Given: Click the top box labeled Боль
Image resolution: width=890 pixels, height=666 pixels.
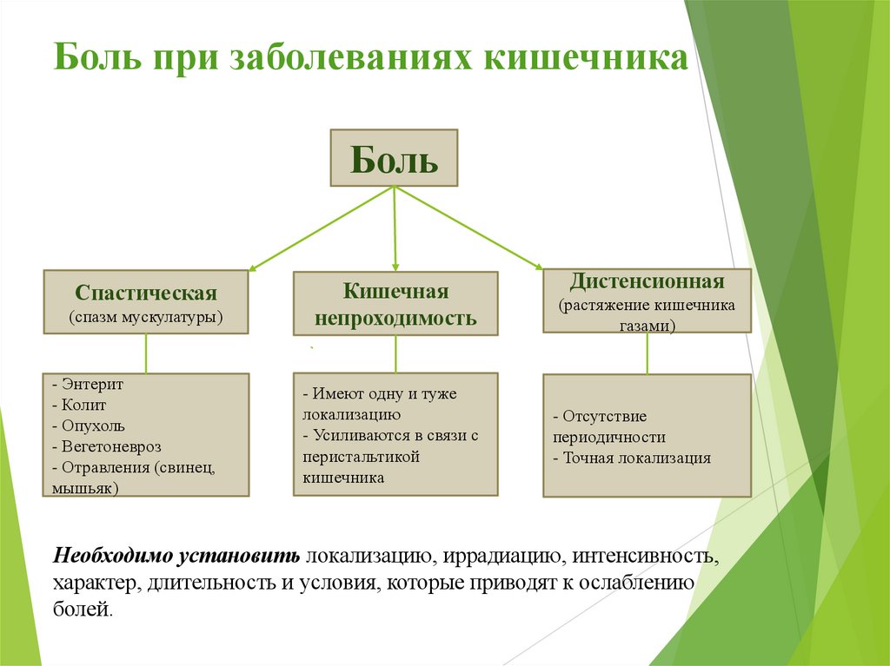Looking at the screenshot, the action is coord(394,158).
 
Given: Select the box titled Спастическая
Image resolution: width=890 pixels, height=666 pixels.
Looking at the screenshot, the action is coord(146,302).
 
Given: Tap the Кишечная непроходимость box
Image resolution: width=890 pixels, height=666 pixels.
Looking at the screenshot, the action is coord(395,303).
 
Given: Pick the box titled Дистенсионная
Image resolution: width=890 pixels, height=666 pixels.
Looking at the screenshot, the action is coord(647,300).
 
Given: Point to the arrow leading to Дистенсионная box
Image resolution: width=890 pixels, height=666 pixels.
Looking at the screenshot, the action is coord(469,227).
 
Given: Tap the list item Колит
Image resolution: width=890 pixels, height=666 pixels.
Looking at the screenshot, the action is coord(83,405).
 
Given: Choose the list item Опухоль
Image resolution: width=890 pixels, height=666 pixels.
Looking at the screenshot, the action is coord(93,425).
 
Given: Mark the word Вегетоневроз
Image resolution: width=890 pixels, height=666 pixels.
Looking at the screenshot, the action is coord(108,446).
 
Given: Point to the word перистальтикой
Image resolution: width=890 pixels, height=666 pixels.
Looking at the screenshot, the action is coord(362,457).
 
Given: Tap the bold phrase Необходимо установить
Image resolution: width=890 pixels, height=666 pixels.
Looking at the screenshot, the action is coord(177,555).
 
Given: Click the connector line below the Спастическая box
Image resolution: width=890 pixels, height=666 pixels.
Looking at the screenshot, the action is coord(146,353).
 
